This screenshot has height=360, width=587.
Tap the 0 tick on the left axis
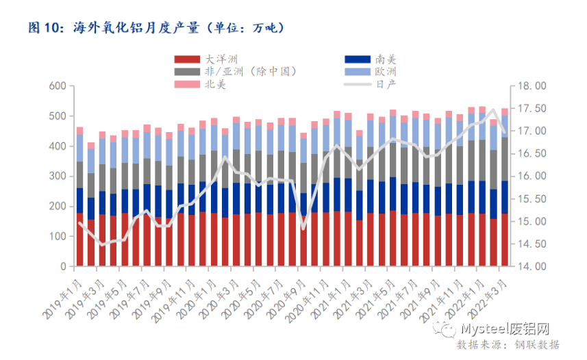tap(62, 266)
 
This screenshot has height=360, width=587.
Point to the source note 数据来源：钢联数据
tap(508, 344)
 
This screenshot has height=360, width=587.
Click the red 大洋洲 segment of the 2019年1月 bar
tap(79, 240)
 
